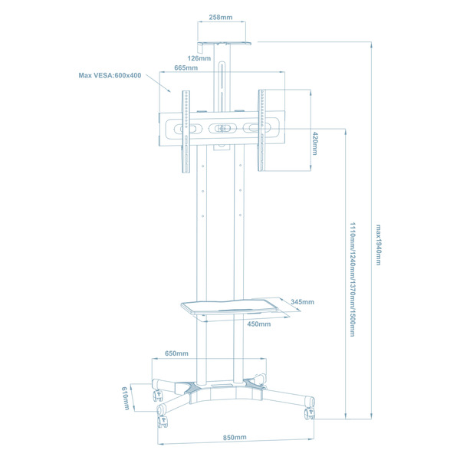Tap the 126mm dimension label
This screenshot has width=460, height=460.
tap(199, 58)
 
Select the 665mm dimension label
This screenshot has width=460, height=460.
tap(186, 68)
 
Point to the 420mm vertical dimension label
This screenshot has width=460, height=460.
tap(315, 143)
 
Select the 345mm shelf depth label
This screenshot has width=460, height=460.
tap(303, 302)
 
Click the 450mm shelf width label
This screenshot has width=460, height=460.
tap(258, 324)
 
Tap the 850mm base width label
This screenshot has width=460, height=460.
tap(235, 437)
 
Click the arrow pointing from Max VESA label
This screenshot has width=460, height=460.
tap(164, 84)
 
